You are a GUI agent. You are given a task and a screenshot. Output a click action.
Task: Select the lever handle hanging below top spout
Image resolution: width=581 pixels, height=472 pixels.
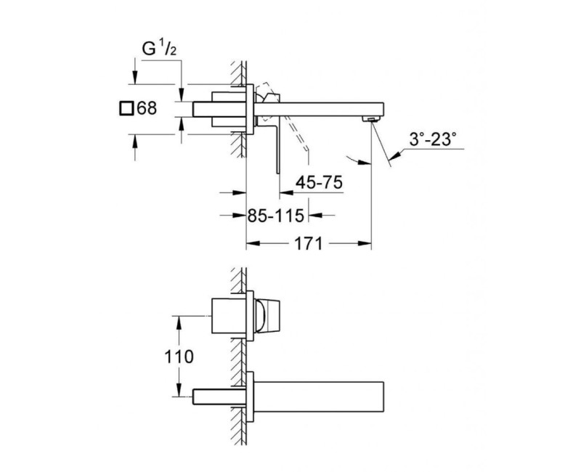point(277,145)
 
